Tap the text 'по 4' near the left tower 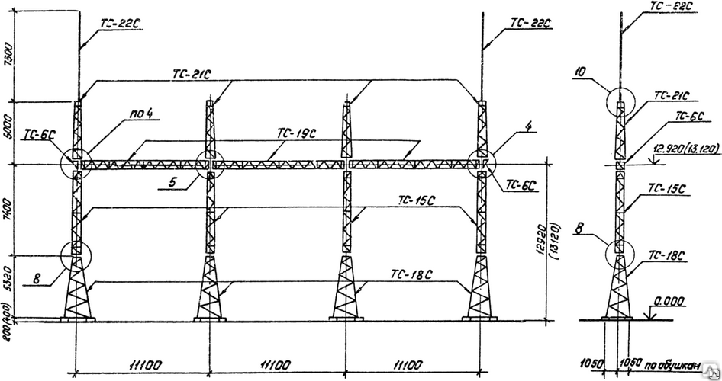[141, 114]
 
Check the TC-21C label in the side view [672, 97]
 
